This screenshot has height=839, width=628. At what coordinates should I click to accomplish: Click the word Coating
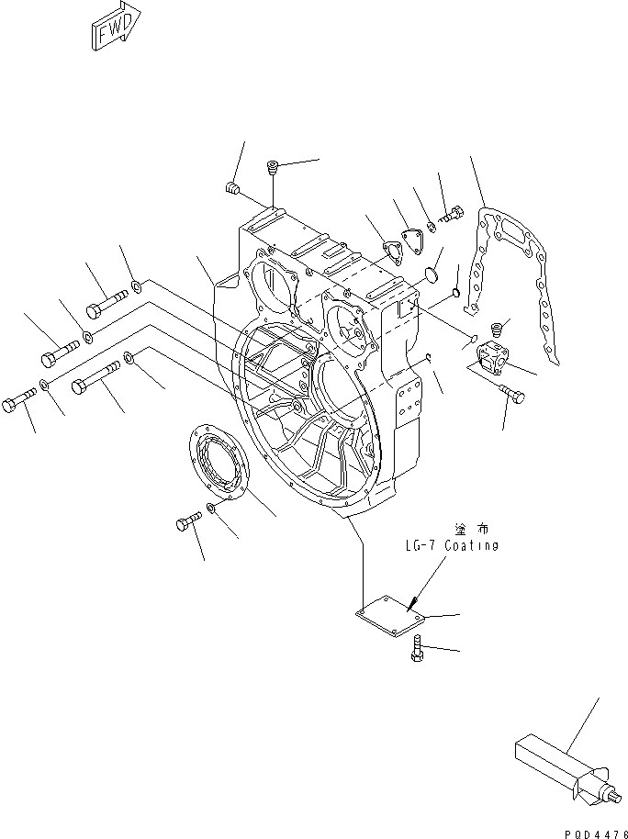tap(471, 545)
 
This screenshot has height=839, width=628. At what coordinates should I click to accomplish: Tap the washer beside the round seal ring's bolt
tap(212, 508)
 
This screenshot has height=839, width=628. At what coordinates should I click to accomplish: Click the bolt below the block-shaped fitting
tap(513, 395)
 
